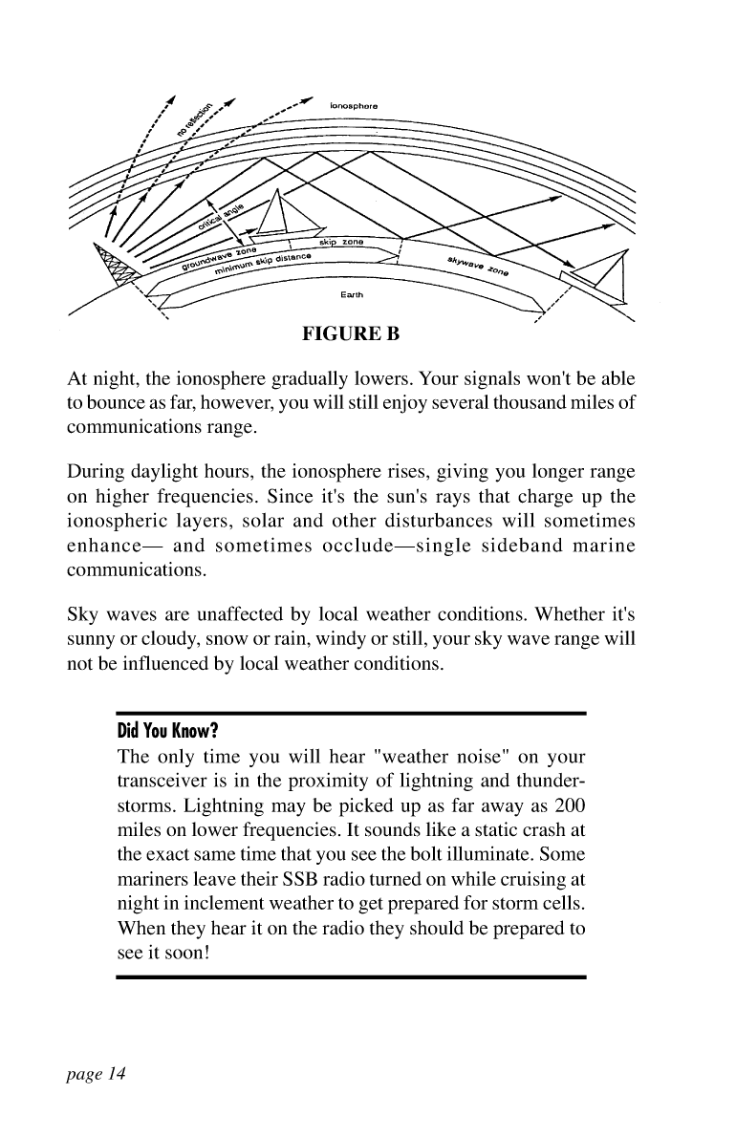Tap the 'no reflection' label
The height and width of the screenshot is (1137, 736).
tap(196, 116)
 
